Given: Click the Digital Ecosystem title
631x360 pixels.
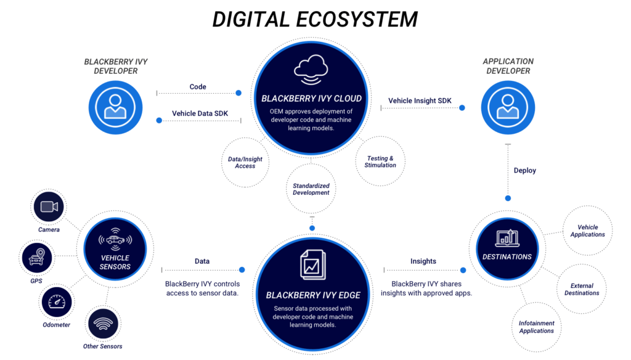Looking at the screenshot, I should (x=315, y=19).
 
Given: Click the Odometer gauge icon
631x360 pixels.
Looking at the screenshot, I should (x=57, y=302).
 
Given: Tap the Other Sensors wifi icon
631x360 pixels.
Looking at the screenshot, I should (x=103, y=323).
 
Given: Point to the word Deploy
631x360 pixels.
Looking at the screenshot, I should (x=525, y=170).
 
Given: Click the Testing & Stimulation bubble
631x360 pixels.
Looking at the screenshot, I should (x=380, y=162).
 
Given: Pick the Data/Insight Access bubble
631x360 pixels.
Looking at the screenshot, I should (x=245, y=162).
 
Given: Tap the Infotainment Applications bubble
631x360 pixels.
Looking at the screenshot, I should (x=536, y=327).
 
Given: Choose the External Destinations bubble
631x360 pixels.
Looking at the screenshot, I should (x=582, y=289).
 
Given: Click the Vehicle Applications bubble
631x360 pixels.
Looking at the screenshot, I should (x=587, y=231).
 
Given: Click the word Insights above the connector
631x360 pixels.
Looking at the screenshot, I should (x=423, y=261).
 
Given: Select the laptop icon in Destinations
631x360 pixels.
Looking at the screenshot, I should (x=507, y=237).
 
